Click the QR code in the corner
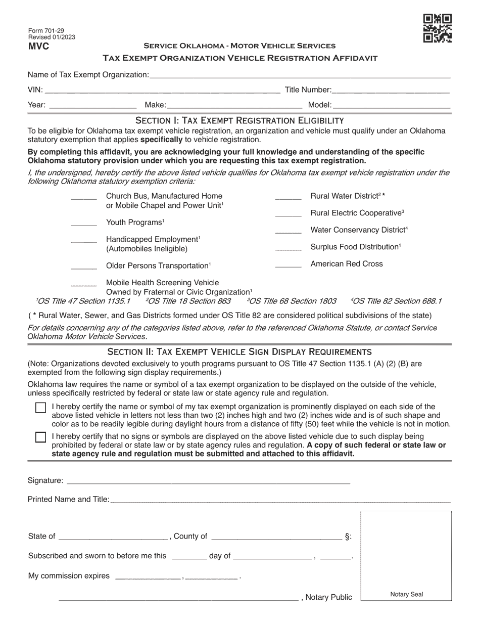(x=437, y=28)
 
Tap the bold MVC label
(x=38, y=47)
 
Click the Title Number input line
(x=391, y=91)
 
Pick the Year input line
(x=92, y=106)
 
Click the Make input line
(x=234, y=106)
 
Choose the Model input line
(x=392, y=106)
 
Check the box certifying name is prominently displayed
(x=41, y=408)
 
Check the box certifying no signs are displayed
(x=41, y=437)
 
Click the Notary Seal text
(x=406, y=595)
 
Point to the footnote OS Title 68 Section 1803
(x=292, y=301)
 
